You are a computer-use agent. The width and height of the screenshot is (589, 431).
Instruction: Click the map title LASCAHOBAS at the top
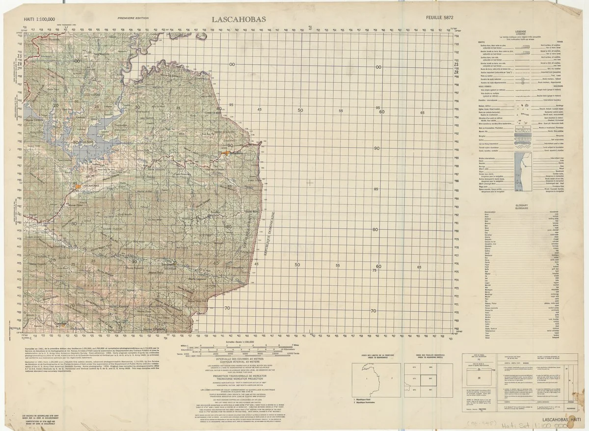(239, 19)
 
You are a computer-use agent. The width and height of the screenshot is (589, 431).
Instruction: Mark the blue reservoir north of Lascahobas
(98, 142)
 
